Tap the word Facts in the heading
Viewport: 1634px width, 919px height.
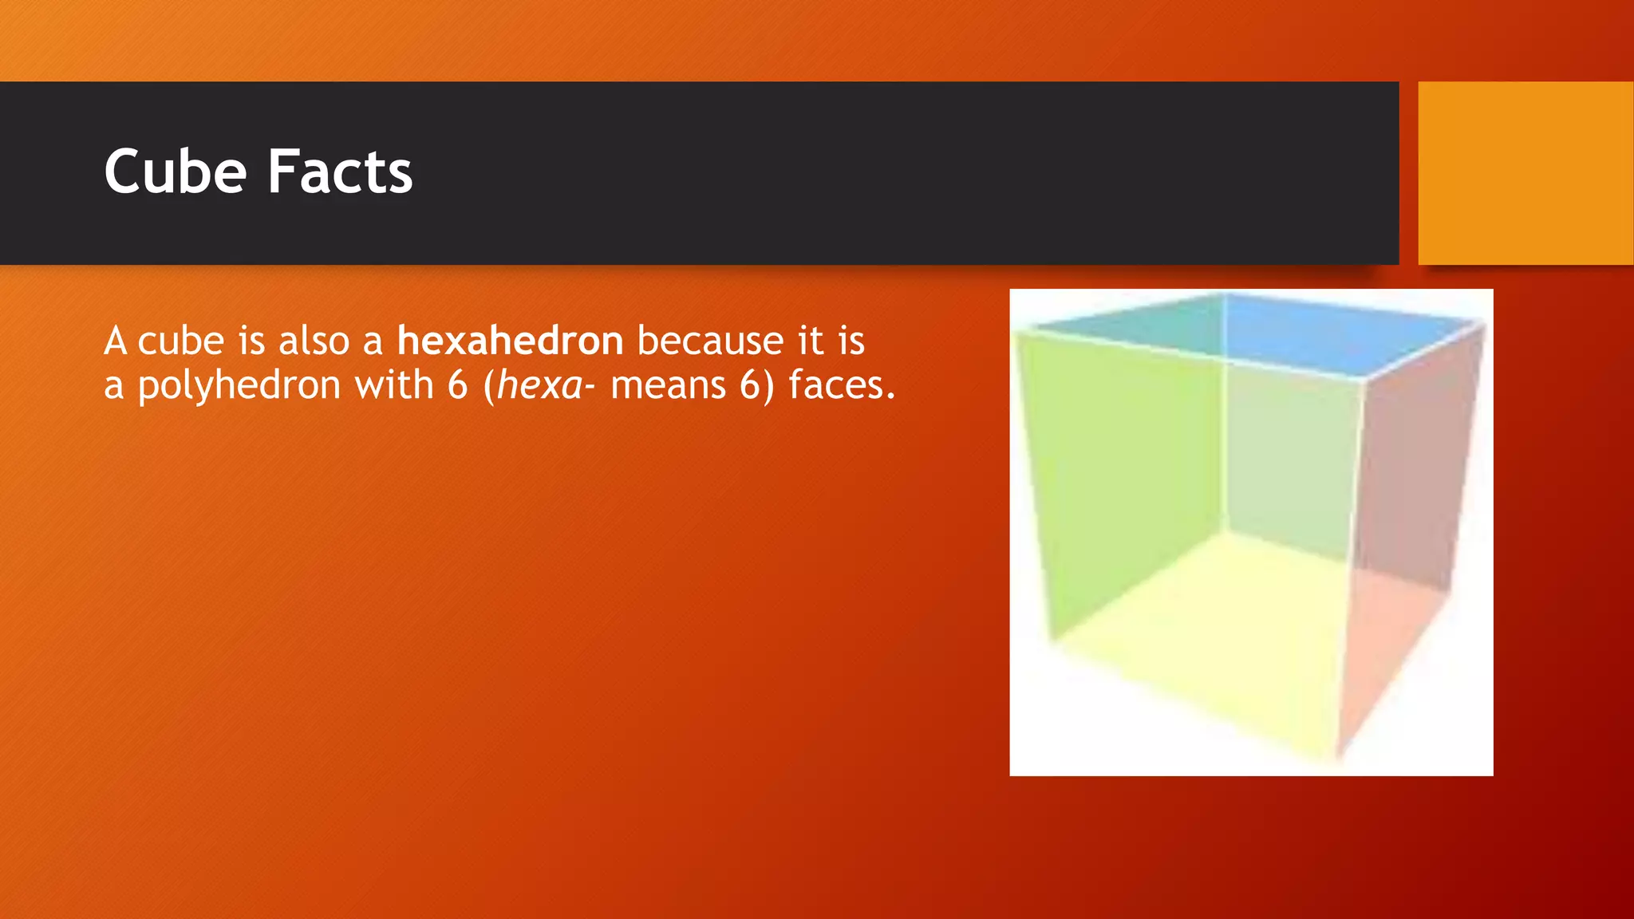coord(340,172)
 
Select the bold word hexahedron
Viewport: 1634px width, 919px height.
coord(510,341)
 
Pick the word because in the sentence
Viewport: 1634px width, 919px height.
coord(711,341)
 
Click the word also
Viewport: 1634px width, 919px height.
coord(314,341)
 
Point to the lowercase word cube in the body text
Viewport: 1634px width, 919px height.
coord(181,341)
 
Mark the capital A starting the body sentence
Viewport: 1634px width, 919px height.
coord(116,341)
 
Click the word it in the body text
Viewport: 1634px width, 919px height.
coord(811,341)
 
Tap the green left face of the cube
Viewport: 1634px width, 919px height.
coord(1117,479)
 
